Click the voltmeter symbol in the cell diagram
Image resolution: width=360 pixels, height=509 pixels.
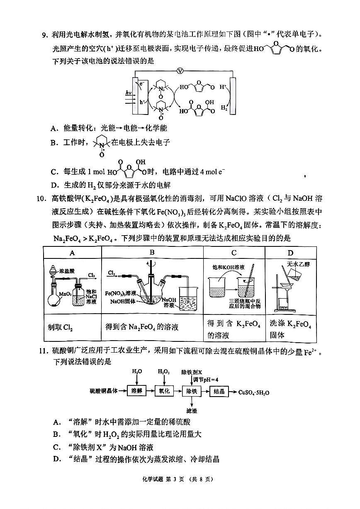[x=180, y=71]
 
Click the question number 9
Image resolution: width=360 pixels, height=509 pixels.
[x=46, y=34]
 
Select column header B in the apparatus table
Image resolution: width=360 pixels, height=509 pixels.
[x=152, y=253]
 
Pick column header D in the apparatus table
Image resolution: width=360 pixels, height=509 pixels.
[x=290, y=253]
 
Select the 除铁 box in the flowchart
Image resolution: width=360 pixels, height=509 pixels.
[x=192, y=391]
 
